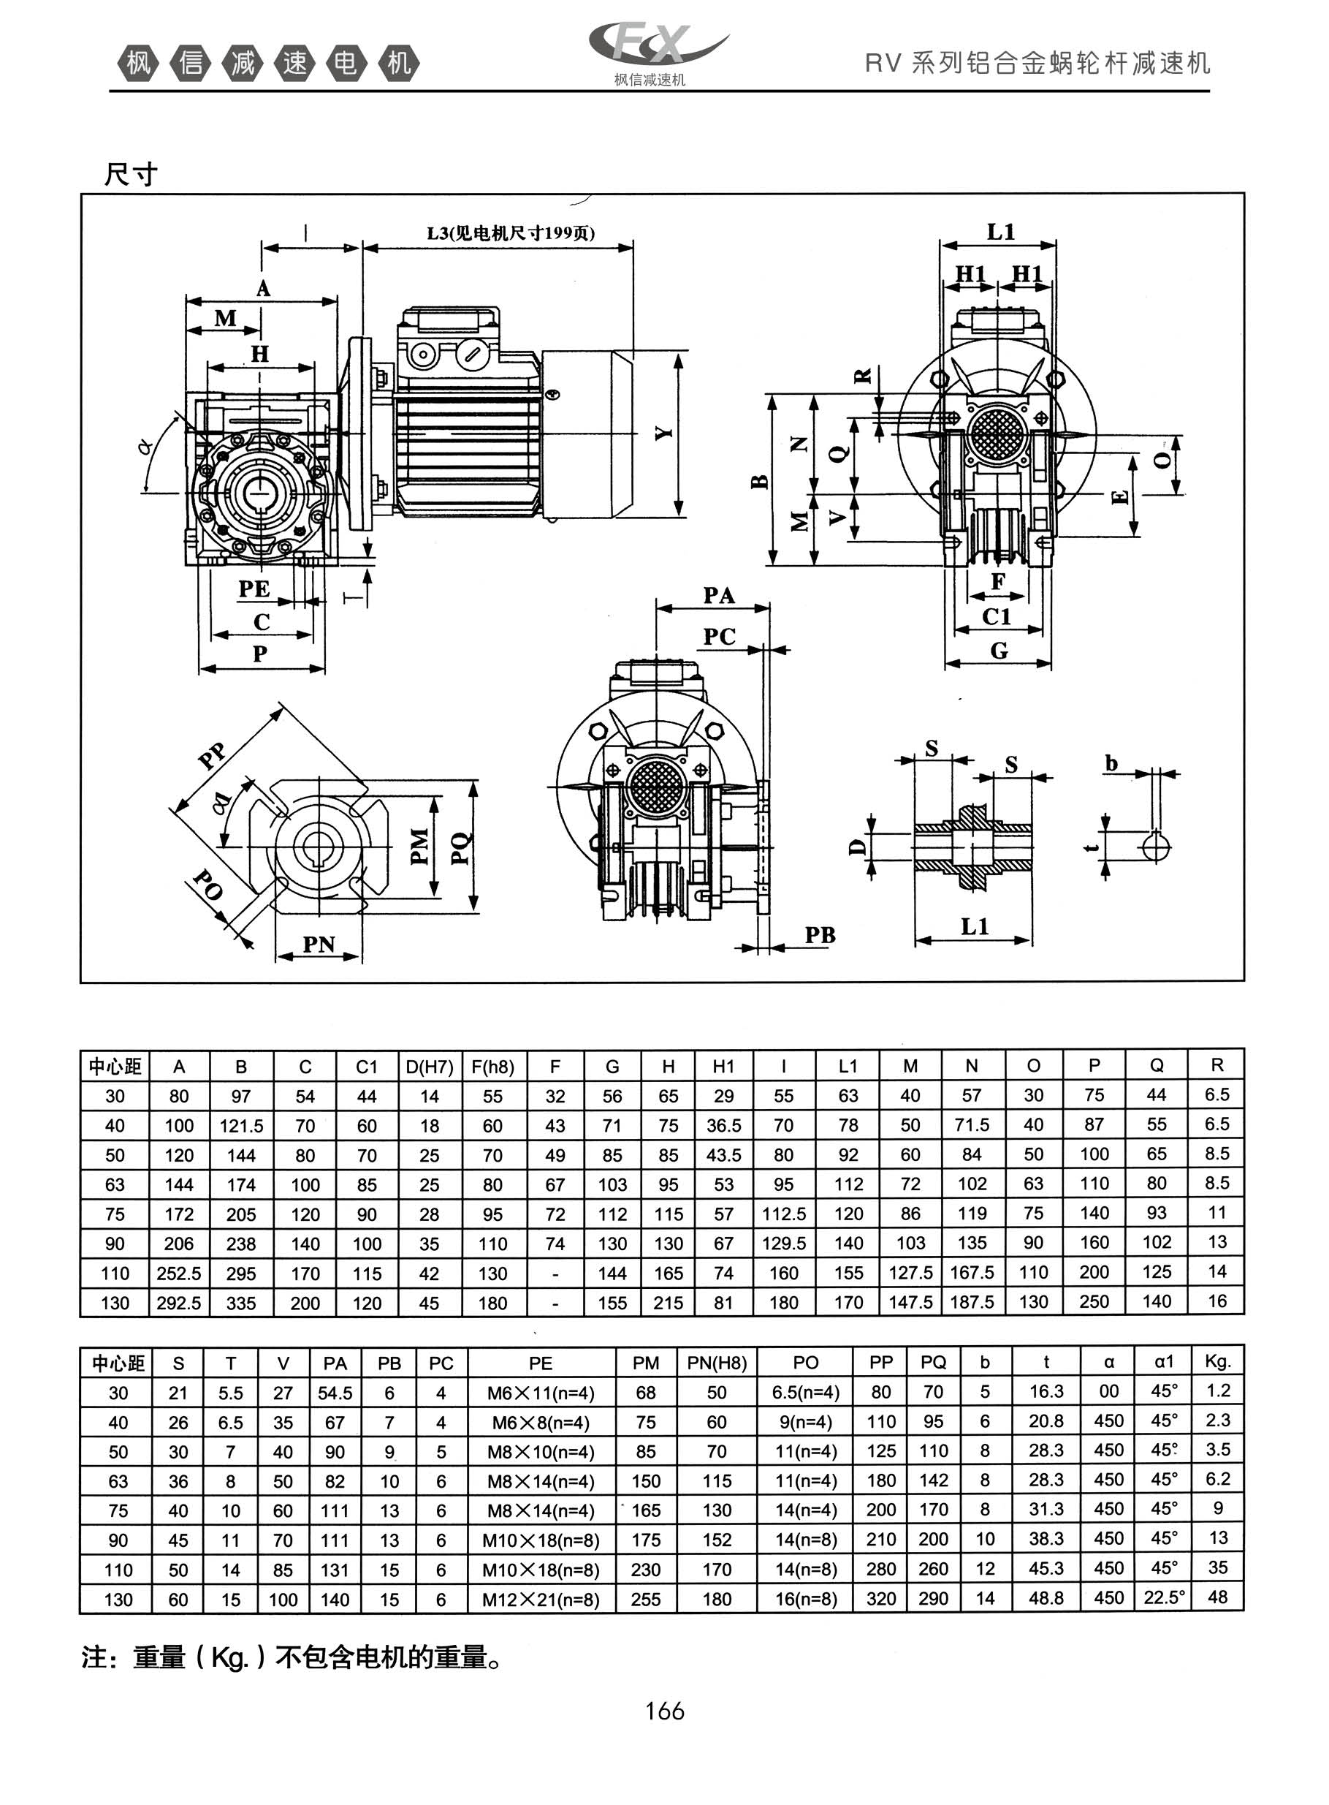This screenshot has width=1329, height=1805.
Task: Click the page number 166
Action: point(665,1710)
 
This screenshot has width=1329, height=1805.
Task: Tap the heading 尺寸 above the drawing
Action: point(130,173)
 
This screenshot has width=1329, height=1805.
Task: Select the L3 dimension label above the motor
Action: point(510,233)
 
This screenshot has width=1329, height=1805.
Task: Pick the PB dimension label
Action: point(820,935)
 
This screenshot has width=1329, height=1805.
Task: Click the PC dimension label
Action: point(719,637)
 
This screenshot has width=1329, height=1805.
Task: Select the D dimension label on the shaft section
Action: point(858,847)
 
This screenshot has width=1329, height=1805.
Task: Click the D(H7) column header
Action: point(430,1067)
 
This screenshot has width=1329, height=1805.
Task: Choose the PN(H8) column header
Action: point(717,1363)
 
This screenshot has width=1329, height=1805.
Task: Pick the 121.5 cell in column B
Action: point(241,1126)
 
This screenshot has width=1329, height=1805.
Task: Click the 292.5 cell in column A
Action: point(178,1303)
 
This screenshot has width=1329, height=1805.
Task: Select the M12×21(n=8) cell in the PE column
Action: point(541,1599)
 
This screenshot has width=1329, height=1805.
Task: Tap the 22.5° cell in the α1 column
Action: point(1164,1597)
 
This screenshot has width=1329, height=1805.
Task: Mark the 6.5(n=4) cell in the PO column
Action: point(805,1392)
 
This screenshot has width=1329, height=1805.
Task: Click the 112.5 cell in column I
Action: point(783,1214)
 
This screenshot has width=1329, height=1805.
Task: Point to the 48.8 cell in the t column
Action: point(1046,1598)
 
